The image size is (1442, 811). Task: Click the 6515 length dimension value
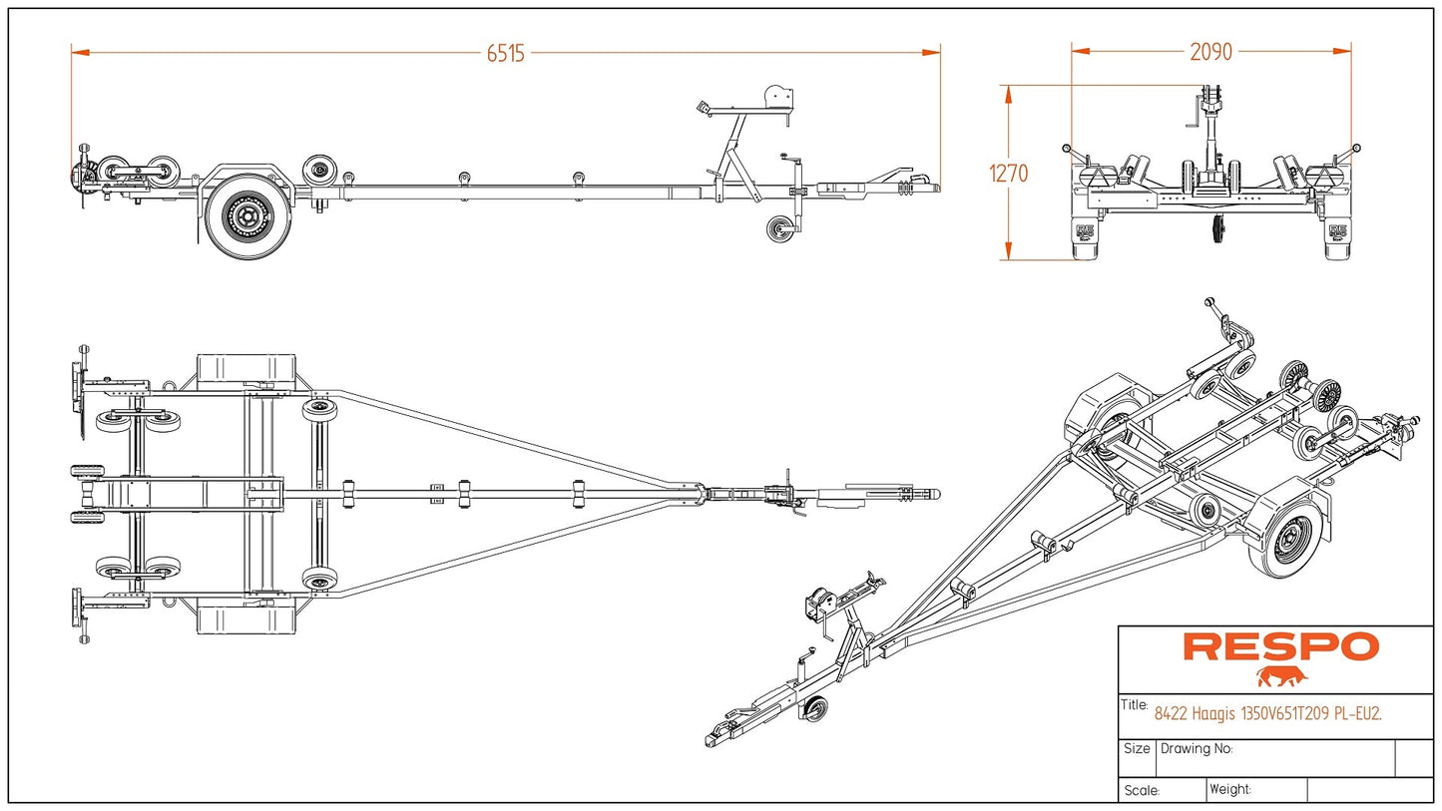(x=505, y=54)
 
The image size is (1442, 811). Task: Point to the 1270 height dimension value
(x=1008, y=174)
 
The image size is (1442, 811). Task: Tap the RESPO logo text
(x=1280, y=646)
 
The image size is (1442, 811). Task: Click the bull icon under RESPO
(x=1282, y=678)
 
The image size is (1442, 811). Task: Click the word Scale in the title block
(x=1141, y=791)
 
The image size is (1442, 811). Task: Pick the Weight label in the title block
(x=1230, y=789)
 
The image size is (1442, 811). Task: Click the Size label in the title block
(x=1137, y=748)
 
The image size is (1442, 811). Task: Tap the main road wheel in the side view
(x=241, y=215)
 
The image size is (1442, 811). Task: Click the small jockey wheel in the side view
(x=779, y=228)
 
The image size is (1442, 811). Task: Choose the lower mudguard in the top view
(x=246, y=618)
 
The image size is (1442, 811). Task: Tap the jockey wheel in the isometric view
(x=815, y=709)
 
